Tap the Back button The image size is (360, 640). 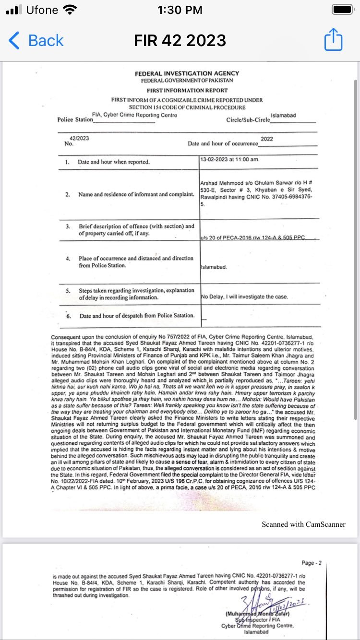36,41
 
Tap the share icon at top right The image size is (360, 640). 333,40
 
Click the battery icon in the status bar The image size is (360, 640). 343,10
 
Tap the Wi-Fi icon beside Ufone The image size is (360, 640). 70,10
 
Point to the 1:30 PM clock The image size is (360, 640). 180,10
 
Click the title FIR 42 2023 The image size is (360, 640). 180,41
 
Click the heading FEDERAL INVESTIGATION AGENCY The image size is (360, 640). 187,73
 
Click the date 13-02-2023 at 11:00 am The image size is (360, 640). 230,159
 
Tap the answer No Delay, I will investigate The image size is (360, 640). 245,296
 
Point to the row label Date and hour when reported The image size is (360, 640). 114,162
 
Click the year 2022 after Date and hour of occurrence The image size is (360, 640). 267,139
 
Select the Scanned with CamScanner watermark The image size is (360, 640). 303,524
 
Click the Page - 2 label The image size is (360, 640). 312,563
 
